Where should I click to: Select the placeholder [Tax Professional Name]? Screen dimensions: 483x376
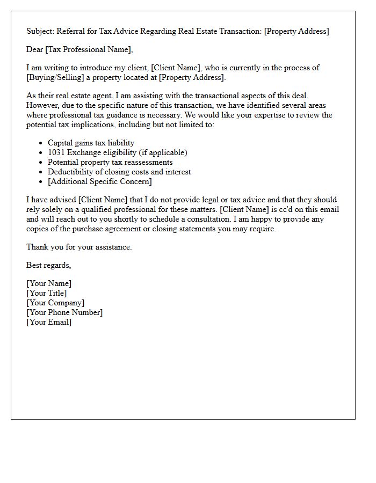88,49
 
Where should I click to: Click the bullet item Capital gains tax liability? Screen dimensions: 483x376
91,143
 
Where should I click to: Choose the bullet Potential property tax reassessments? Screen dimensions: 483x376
110,162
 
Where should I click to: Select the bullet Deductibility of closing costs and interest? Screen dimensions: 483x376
119,172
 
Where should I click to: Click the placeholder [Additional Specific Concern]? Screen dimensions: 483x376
99,181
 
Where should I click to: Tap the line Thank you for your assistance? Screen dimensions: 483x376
79,247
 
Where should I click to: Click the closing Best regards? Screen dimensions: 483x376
48,265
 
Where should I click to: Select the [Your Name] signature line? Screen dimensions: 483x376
49,283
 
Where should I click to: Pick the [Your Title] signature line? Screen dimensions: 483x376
47,293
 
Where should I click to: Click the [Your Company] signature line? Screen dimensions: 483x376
55,303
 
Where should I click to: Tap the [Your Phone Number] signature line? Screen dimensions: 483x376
64,312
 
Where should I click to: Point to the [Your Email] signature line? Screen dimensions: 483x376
49,322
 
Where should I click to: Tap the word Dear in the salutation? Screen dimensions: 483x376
35,49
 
